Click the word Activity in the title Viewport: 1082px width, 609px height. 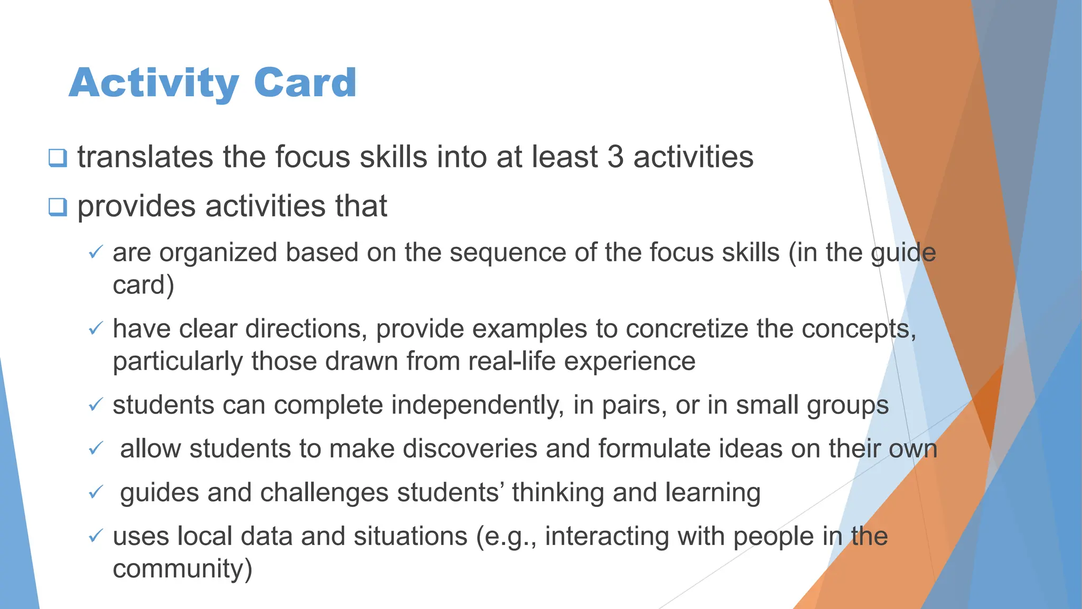[154, 83]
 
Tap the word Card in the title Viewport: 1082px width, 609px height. [305, 83]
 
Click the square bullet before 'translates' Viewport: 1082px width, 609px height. [58, 158]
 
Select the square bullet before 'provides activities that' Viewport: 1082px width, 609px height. [58, 206]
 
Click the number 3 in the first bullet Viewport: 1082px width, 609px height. [615, 157]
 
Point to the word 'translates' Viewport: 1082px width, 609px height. [145, 157]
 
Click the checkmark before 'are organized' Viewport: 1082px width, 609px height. [96, 252]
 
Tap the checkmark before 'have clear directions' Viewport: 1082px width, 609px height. [96, 329]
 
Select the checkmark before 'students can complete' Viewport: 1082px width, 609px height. [96, 405]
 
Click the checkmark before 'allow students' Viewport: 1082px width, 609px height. [96, 449]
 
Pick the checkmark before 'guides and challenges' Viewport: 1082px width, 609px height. [96, 493]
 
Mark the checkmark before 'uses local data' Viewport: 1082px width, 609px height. [96, 537]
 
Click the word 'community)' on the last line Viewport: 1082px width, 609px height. [182, 569]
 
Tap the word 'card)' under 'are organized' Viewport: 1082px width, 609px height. [143, 285]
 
